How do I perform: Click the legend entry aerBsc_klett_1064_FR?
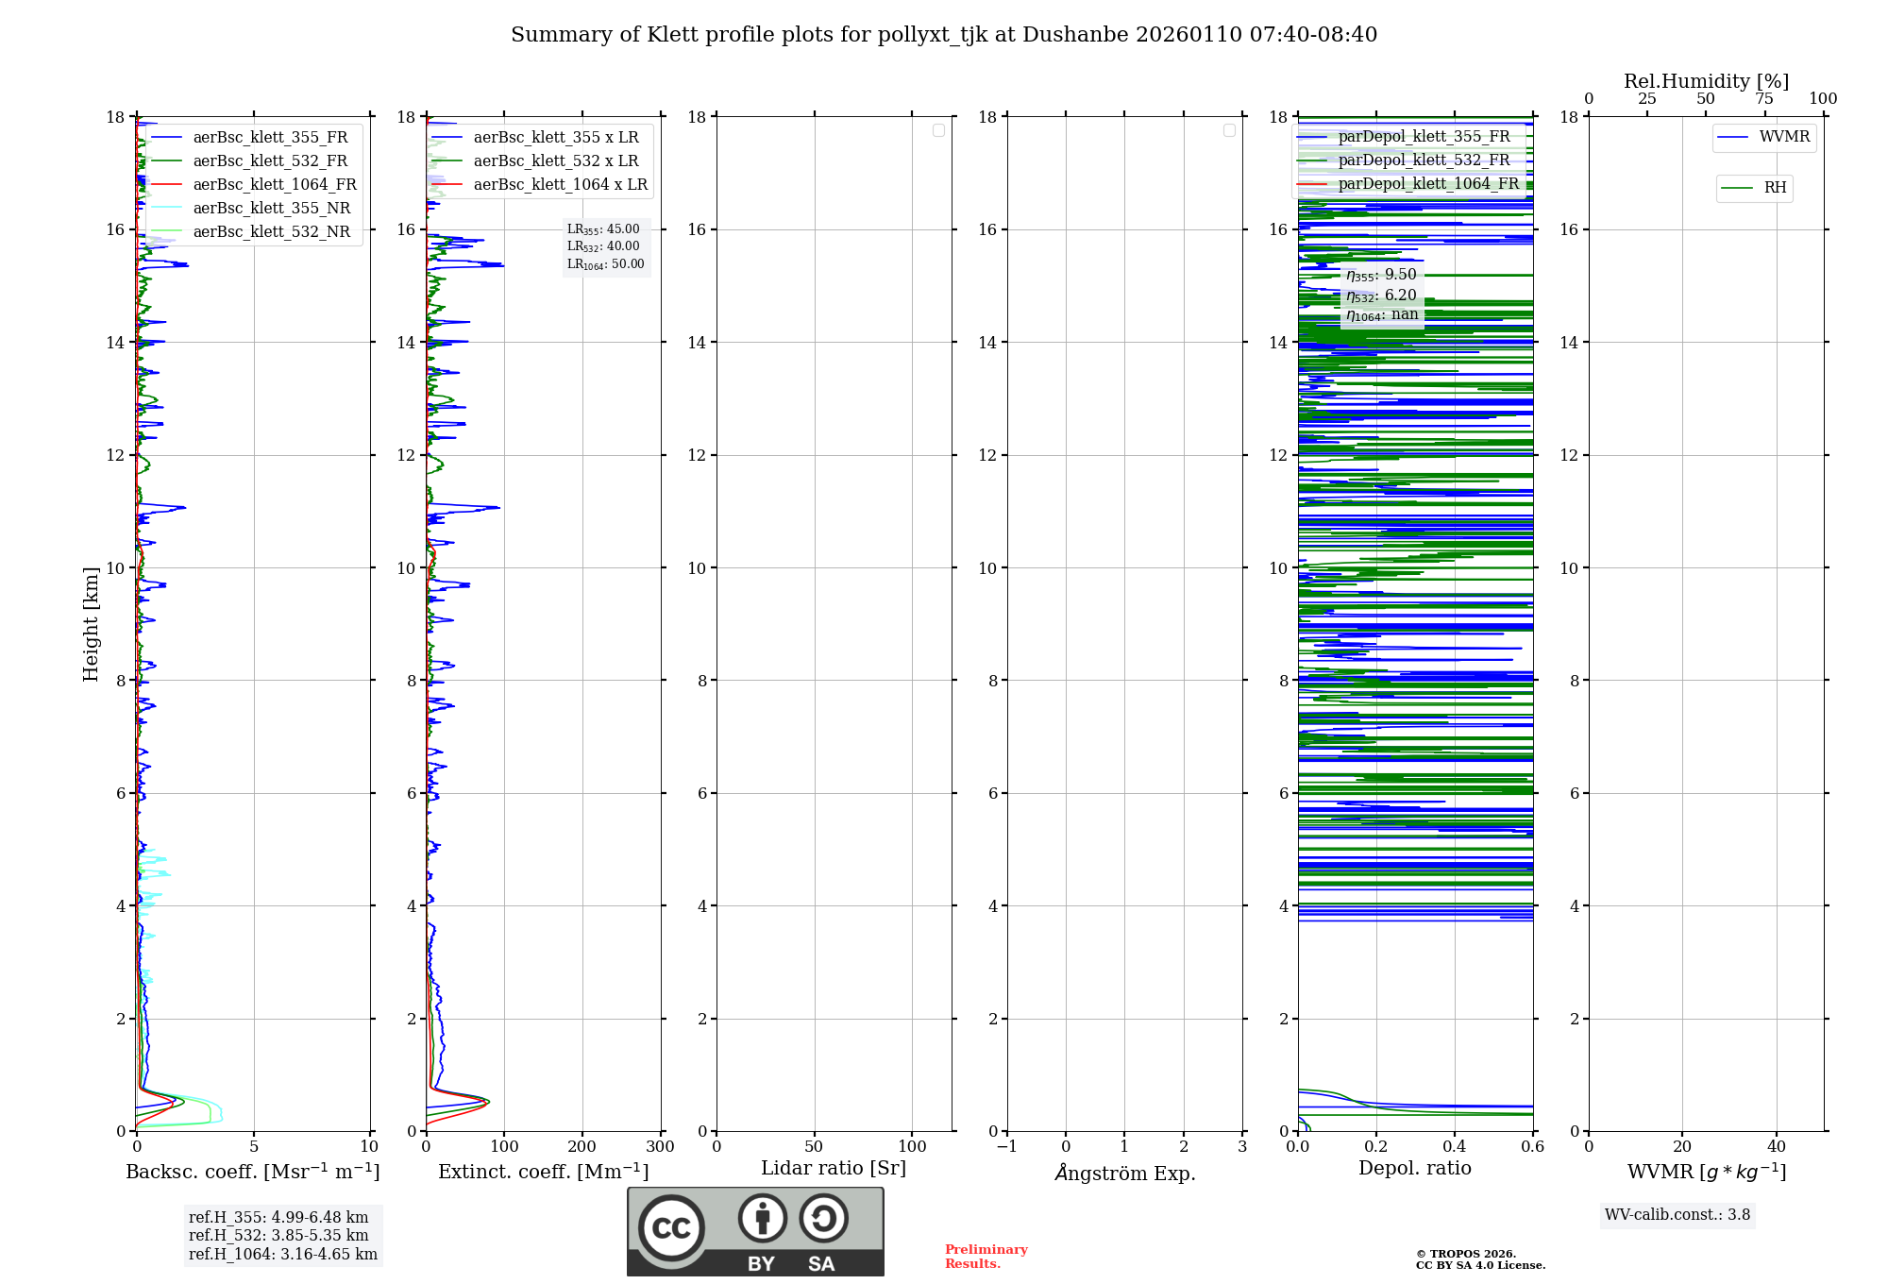(x=275, y=184)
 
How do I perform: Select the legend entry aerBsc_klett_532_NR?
(x=272, y=231)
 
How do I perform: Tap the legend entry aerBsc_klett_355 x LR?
(x=556, y=137)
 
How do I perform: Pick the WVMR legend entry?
(x=1784, y=137)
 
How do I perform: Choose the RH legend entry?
(x=1775, y=188)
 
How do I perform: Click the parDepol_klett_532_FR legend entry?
(x=1424, y=160)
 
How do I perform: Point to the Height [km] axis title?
(x=91, y=623)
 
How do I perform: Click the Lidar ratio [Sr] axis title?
(x=834, y=1168)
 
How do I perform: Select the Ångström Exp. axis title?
(x=1125, y=1173)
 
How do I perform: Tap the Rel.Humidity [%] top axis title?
(x=1706, y=81)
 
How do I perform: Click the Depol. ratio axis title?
(x=1414, y=1168)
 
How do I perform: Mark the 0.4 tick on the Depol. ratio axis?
(x=1455, y=1146)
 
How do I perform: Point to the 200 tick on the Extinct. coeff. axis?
(x=582, y=1146)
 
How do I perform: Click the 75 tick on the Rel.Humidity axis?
(x=1764, y=98)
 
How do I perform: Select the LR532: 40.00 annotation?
(x=603, y=246)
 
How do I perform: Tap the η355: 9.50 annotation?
(x=1381, y=275)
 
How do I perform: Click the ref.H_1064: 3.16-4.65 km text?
(x=283, y=1254)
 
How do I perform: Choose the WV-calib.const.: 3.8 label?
(x=1677, y=1214)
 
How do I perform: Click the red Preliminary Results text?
(x=986, y=1256)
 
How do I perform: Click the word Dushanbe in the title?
(x=1075, y=35)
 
